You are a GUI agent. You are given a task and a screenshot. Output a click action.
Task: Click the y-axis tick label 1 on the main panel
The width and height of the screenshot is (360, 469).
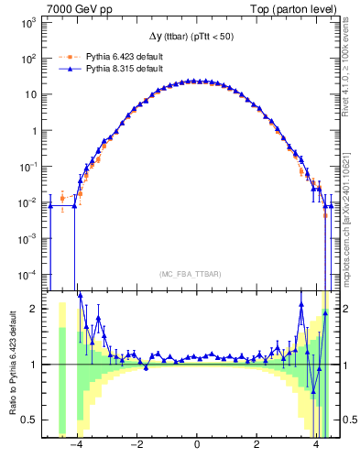pyautogui.click(x=34, y=130)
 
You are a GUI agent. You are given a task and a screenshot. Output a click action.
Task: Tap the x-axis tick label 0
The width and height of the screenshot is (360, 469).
pyautogui.click(x=197, y=445)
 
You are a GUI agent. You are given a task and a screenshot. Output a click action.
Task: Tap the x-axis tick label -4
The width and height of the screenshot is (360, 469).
pyautogui.click(x=76, y=445)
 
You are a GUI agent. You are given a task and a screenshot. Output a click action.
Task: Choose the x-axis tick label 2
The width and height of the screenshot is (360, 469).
pyautogui.click(x=257, y=445)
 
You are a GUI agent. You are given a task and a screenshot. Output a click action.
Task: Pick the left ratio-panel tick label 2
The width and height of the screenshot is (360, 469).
pyautogui.click(x=34, y=309)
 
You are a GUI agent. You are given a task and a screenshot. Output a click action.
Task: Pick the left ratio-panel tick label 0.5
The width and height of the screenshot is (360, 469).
pyautogui.click(x=30, y=420)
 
